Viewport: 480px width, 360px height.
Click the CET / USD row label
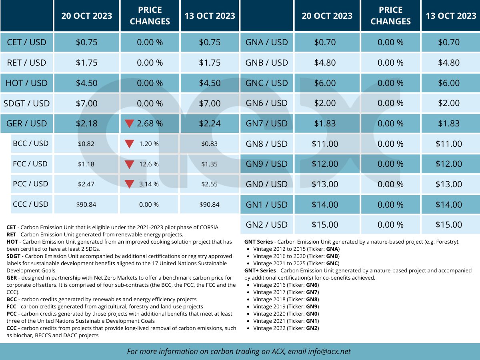tap(26, 42)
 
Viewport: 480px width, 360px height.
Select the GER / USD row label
tap(26, 124)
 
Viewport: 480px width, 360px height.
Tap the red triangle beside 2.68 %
tap(129, 124)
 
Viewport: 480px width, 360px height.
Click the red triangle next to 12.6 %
tap(129, 164)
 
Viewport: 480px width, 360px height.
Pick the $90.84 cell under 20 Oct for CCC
tap(86, 204)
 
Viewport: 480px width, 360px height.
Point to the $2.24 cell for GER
tap(210, 124)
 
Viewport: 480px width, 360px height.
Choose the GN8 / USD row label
tap(267, 144)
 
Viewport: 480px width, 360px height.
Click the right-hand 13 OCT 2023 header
tap(451, 16)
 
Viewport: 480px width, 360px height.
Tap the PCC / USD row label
tap(30, 184)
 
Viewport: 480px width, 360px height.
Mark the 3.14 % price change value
tap(149, 184)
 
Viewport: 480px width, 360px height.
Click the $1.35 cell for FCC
tap(210, 164)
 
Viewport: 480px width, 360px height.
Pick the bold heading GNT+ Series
tap(260, 270)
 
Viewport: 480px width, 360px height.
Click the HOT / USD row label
tap(26, 83)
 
